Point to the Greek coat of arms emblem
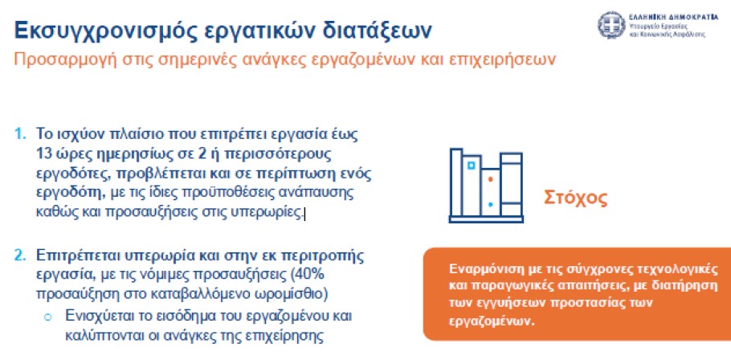(x=611, y=25)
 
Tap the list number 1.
(x=20, y=134)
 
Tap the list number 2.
(x=20, y=256)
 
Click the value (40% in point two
(x=307, y=275)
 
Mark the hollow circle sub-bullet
(x=47, y=317)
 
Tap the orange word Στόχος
(x=575, y=198)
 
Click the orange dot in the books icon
(x=489, y=179)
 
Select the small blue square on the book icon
(x=472, y=165)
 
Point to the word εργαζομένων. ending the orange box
(x=492, y=322)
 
